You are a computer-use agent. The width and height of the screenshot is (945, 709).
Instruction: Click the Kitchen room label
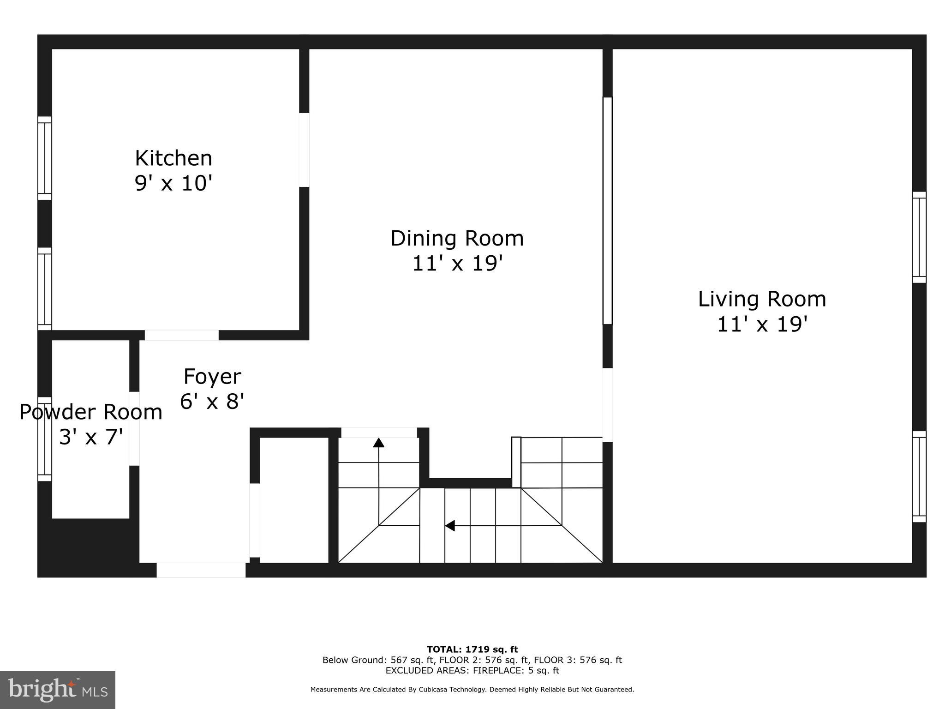[173, 158]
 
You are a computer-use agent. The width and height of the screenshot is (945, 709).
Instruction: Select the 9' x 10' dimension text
[173, 183]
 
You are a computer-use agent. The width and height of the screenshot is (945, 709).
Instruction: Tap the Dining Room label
[457, 239]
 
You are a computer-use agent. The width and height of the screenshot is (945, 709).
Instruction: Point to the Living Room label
[762, 299]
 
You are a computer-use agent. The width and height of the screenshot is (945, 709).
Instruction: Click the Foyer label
[212, 376]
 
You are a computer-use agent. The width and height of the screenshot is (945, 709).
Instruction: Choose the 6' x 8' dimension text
[212, 401]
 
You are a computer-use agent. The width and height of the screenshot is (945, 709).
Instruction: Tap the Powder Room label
[91, 412]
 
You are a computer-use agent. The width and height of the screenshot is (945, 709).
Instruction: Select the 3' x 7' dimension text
[91, 437]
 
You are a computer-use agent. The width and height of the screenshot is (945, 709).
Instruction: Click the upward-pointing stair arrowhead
[379, 443]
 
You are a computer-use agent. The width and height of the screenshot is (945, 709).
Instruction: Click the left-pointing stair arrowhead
[450, 525]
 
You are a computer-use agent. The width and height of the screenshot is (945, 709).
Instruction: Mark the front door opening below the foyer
[201, 570]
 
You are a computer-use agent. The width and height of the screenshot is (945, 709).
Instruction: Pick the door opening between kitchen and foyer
[181, 335]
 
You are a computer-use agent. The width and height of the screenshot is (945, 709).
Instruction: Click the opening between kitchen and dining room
[304, 150]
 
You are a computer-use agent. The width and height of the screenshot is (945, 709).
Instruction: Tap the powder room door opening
[134, 428]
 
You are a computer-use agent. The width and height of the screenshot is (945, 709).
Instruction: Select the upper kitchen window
[45, 158]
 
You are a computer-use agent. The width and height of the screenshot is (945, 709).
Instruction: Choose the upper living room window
[919, 237]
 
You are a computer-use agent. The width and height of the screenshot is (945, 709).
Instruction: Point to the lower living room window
[919, 477]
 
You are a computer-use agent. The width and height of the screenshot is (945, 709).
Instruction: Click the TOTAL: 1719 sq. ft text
[472, 649]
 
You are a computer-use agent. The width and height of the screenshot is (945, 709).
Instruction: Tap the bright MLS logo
[58, 690]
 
